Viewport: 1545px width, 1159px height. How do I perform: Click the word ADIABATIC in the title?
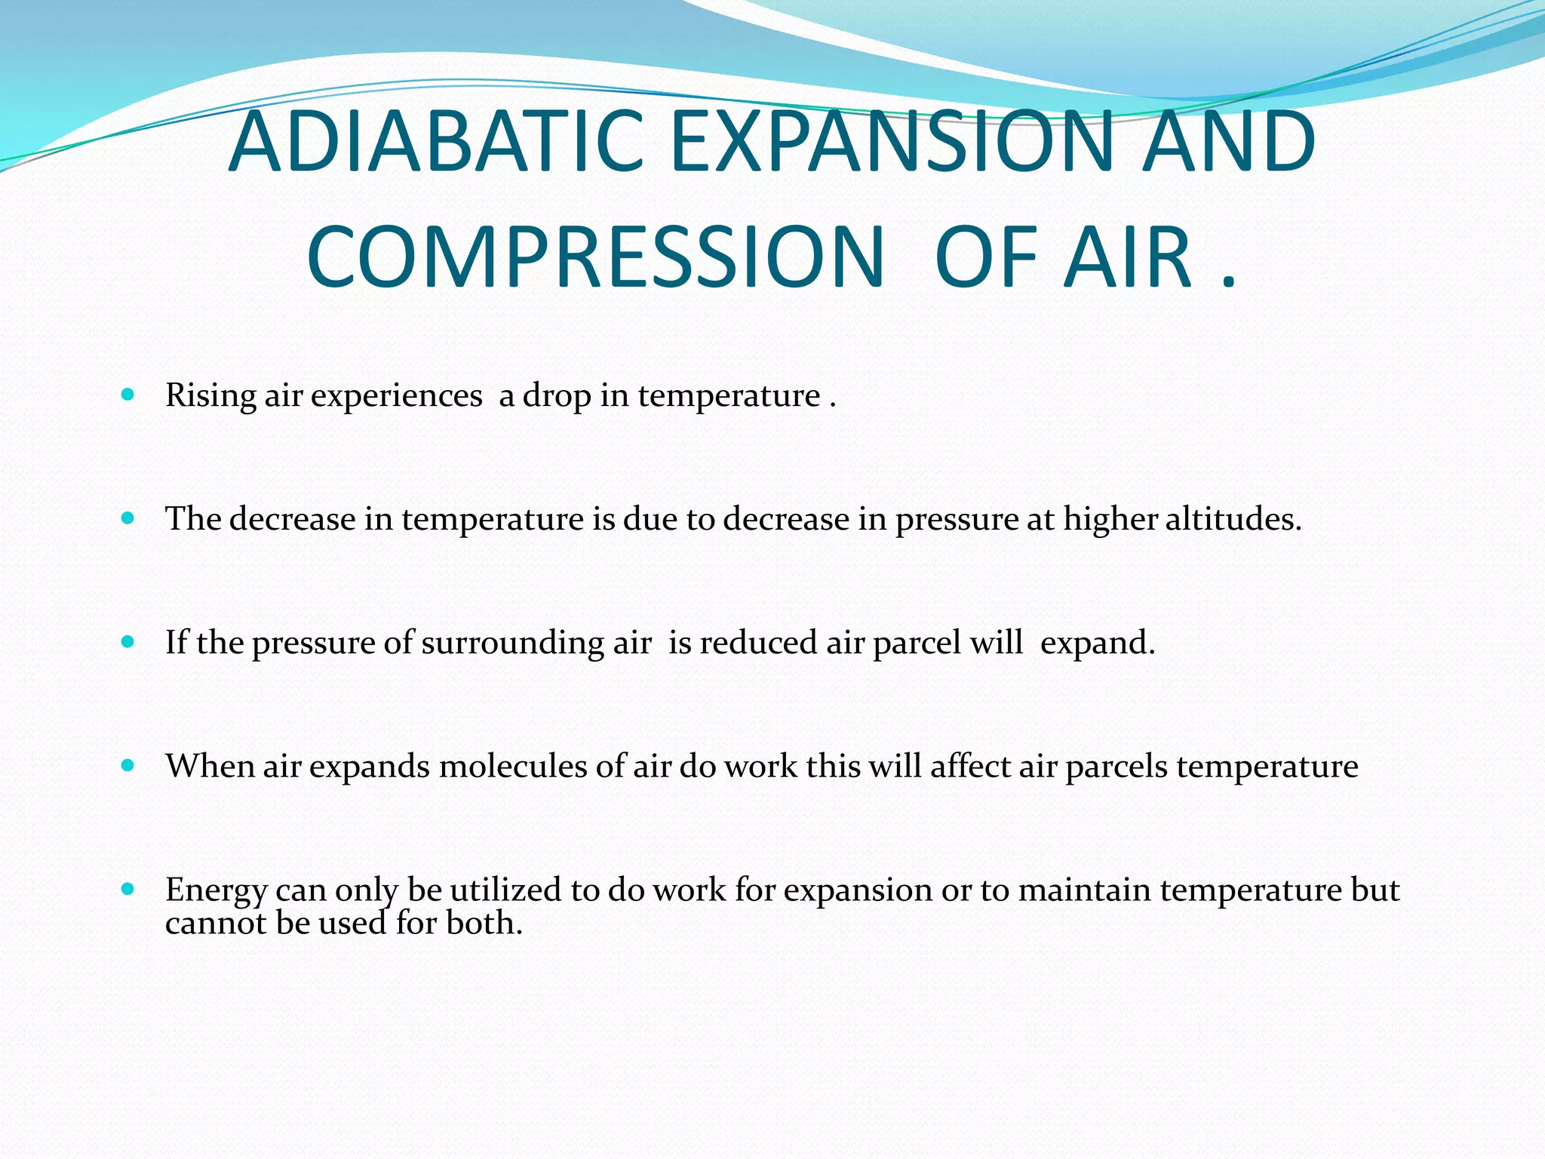click(436, 142)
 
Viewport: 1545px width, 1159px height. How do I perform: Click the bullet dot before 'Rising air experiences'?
click(127, 394)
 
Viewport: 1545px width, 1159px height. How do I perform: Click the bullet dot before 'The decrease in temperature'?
click(127, 518)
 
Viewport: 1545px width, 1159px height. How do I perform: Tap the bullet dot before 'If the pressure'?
click(127, 641)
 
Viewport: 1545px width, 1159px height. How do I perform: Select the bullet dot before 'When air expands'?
click(127, 765)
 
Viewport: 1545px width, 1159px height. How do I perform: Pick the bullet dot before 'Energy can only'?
click(127, 889)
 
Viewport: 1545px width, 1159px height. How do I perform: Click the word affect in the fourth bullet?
click(970, 767)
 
